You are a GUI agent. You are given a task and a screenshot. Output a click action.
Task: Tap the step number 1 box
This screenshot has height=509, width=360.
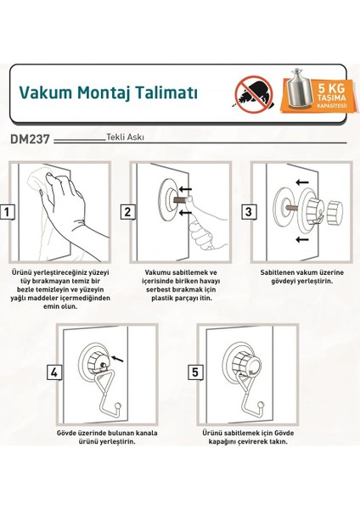click(8, 212)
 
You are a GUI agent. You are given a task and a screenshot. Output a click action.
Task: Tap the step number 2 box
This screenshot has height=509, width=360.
click(127, 212)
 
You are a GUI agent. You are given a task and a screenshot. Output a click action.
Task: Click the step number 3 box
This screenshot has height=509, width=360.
click(249, 212)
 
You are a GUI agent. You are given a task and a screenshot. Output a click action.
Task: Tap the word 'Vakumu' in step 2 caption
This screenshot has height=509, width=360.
click(155, 273)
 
